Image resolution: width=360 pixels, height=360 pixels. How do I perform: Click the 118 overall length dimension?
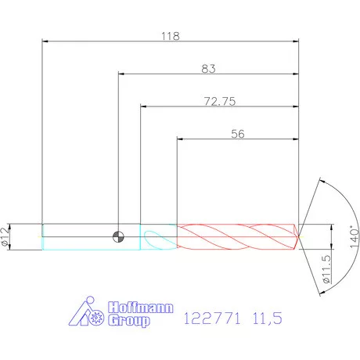click(x=171, y=36)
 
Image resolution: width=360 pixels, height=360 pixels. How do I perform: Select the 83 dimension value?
click(x=208, y=69)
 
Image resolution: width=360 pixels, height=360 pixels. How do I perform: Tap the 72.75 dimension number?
click(x=220, y=101)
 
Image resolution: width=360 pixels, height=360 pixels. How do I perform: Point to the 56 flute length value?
click(x=238, y=134)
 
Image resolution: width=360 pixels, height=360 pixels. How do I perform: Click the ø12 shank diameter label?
click(x=5, y=236)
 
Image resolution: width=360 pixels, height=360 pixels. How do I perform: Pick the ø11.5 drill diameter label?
click(x=326, y=269)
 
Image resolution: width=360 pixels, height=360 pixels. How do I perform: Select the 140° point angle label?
click(x=354, y=237)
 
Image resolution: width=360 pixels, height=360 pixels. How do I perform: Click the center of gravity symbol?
click(x=118, y=237)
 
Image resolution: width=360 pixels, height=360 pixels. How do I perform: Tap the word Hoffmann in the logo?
click(x=141, y=308)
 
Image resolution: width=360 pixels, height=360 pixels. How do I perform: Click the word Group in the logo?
click(x=129, y=321)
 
